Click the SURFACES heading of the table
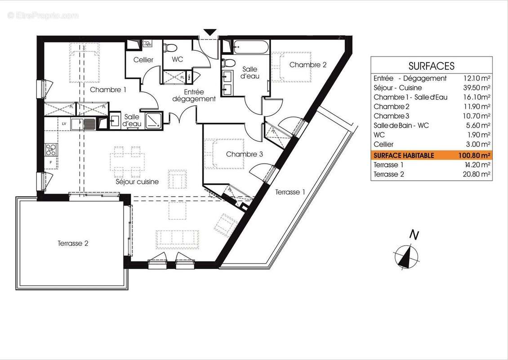431,66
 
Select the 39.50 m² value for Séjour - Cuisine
477,88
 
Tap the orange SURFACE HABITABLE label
404,155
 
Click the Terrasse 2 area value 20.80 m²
477,174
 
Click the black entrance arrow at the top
209,32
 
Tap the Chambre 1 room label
108,90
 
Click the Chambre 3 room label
244,154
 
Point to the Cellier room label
143,60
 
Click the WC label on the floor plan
177,60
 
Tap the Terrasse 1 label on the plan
290,192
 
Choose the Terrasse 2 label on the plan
73,243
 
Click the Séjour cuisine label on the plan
137,182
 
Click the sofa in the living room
177,238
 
